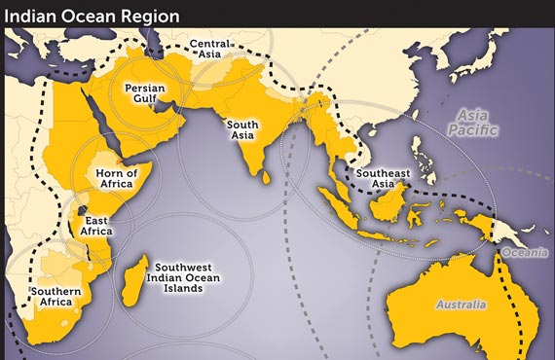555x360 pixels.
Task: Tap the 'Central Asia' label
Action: tap(211, 50)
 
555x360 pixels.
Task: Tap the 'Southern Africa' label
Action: tap(55, 297)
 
